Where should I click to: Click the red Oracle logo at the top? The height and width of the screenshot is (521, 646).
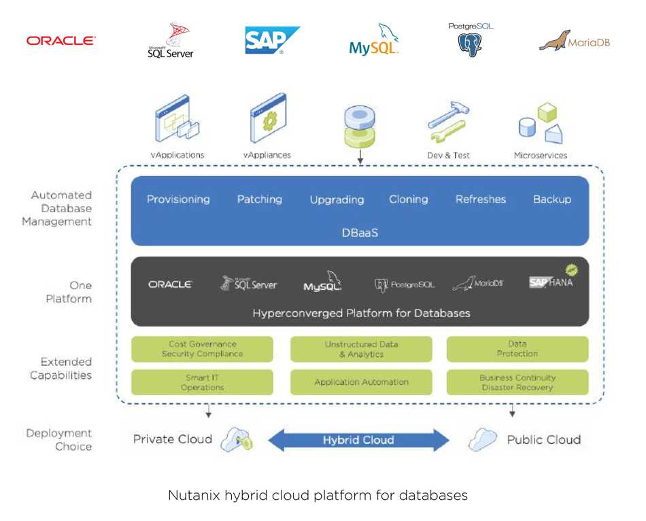[x=61, y=40]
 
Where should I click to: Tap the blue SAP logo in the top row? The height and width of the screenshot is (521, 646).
[x=272, y=40]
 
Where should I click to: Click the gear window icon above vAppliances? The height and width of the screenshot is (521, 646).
[x=268, y=118]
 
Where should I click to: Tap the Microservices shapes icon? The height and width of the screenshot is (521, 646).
[x=541, y=123]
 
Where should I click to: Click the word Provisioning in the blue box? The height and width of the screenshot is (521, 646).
[x=178, y=199]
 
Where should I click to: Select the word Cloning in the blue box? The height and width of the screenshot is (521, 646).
[x=409, y=199]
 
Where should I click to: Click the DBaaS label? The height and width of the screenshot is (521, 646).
[x=360, y=233]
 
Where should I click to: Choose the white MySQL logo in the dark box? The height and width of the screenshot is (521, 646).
[x=322, y=282]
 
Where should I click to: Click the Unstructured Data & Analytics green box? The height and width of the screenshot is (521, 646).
[x=361, y=349]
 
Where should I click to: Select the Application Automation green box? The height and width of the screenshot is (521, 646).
[x=361, y=382]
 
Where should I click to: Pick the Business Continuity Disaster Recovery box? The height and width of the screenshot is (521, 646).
[x=517, y=382]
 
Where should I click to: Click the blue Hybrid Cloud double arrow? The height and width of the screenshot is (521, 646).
[x=358, y=440]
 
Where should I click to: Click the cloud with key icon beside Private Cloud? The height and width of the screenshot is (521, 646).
[x=237, y=439]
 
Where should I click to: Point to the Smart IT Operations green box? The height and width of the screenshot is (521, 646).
[x=202, y=382]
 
